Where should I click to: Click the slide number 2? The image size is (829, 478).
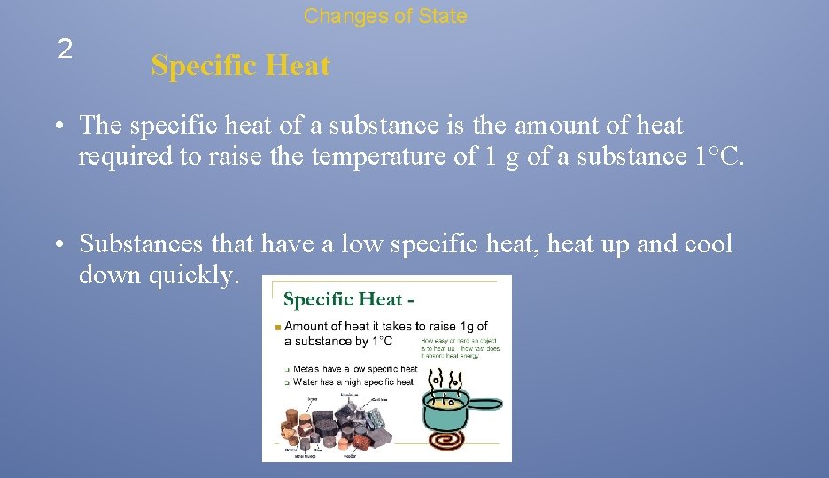65,50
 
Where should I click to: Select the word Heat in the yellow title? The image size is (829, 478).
297,66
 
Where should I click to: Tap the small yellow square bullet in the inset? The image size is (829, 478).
278,328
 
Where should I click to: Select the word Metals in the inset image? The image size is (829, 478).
306,368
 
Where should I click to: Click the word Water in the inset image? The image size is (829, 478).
305,382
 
